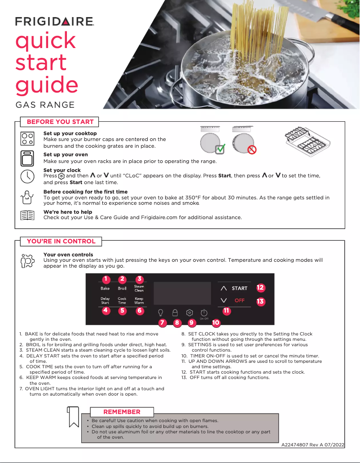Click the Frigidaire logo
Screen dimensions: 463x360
54,22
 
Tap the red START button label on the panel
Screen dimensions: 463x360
240,288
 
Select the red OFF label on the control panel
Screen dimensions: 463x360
240,300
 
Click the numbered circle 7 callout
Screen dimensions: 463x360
162,322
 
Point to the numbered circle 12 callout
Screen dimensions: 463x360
260,287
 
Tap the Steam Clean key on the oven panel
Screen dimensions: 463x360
139,288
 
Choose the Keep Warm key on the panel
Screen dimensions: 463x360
139,300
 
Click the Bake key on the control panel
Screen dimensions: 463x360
105,288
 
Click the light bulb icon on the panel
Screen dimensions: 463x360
160,312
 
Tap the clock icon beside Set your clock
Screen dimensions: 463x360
27,176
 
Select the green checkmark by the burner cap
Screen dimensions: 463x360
220,150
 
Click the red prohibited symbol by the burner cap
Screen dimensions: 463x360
252,150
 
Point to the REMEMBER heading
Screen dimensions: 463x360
122,412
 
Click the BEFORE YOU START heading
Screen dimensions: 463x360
60,122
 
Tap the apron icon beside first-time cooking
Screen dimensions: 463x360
27,196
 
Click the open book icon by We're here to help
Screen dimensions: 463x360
27,215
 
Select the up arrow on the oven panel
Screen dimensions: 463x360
224,288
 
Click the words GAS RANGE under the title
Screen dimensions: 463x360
45,105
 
